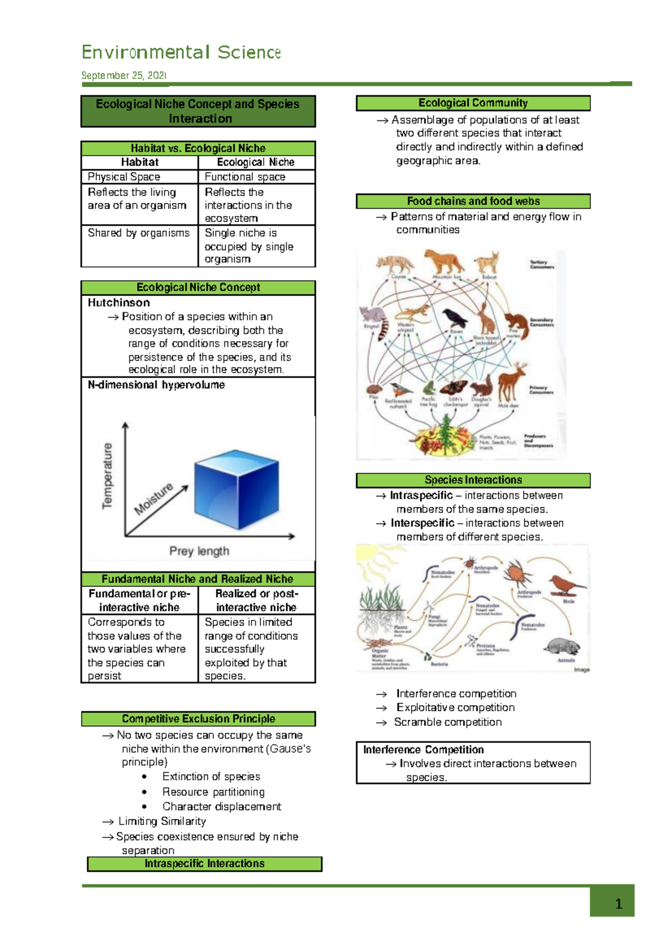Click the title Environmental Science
[x=181, y=53]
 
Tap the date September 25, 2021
[x=124, y=76]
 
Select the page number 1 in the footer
[x=618, y=904]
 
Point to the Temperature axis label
[x=107, y=476]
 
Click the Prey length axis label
[x=199, y=551]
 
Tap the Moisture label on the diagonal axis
[x=153, y=498]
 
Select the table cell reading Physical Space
[x=124, y=177]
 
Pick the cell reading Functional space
[x=245, y=177]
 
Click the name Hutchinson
[x=119, y=303]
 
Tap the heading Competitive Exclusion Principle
[x=198, y=719]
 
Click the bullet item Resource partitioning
[x=213, y=792]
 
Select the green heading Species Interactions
[x=473, y=480]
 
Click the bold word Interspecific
[x=422, y=523]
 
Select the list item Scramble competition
[x=447, y=723]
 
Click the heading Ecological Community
[x=473, y=103]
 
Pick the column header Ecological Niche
[x=255, y=162]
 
